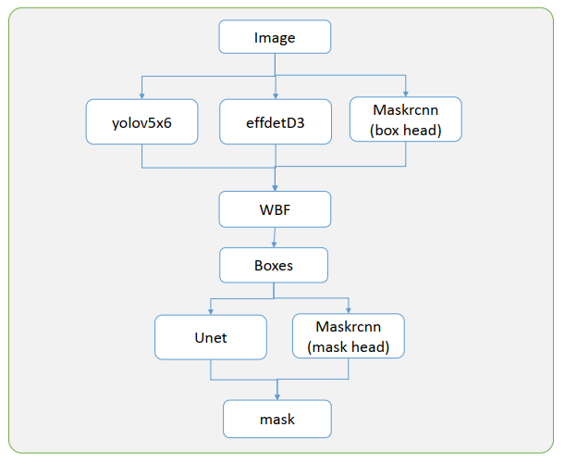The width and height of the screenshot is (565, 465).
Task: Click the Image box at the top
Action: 275,37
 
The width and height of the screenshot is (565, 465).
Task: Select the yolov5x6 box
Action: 142,122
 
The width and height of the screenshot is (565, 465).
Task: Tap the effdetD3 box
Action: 276,122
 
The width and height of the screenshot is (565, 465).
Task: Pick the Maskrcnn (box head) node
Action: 406,119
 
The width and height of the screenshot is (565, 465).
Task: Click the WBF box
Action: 275,209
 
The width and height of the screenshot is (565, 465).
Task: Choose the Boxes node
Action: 274,265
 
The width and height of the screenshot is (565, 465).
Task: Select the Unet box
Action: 211,337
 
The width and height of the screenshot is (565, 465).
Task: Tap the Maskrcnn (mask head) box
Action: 349,336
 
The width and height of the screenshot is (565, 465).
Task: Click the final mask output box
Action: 277,419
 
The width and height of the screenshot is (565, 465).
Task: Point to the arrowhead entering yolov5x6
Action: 142,96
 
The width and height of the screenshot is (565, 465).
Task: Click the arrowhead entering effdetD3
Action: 276,96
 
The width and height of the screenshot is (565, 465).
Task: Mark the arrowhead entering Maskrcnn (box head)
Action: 406,94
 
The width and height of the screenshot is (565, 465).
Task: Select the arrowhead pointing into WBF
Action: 275,188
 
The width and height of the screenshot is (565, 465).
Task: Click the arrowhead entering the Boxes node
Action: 274,245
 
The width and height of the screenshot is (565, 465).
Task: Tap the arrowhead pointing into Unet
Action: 211,312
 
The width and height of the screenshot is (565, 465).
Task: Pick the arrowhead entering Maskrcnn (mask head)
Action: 349,310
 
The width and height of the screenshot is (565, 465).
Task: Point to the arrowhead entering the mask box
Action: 277,397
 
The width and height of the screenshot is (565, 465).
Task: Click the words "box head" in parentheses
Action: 406,131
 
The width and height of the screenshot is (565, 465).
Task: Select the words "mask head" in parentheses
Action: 349,347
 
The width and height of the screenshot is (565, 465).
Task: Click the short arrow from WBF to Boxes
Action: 275,237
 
